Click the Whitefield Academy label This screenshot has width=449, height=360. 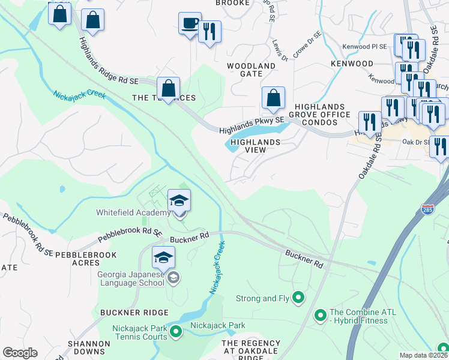pos(133,213)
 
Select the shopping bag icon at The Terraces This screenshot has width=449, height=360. pos(169,89)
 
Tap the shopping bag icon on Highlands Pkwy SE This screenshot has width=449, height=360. pos(273,98)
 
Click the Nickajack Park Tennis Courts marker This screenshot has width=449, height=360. pos(176,331)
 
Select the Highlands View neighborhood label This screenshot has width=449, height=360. pos(256,146)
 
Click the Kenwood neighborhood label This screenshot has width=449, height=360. pos(349,63)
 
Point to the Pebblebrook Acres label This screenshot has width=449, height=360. pos(81,255)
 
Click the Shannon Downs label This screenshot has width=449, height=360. pos(88,347)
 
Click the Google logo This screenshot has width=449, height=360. pos(20,352)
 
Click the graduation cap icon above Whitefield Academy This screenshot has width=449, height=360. pos(179,200)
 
